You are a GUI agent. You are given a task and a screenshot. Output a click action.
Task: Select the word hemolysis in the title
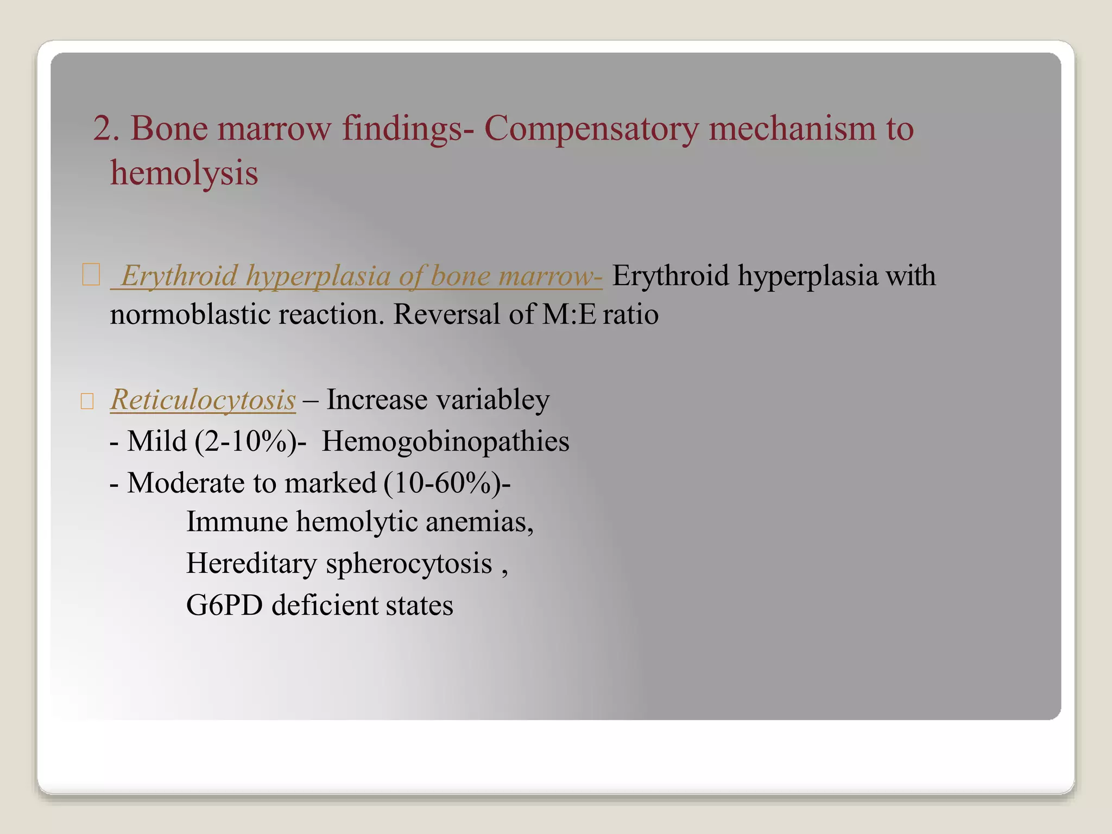click(x=184, y=173)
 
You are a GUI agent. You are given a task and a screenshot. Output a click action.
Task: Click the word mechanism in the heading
click(x=792, y=129)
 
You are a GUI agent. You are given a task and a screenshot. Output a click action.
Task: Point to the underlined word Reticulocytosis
click(x=203, y=400)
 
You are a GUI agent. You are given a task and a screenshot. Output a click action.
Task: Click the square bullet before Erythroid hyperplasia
click(x=91, y=275)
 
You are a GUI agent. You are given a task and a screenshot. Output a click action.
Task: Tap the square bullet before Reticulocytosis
click(x=87, y=402)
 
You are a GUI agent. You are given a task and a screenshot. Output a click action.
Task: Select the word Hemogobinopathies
click(x=445, y=441)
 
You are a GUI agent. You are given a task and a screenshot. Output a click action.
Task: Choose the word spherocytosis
click(x=409, y=563)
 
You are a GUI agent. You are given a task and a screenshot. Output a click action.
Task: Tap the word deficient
click(x=324, y=605)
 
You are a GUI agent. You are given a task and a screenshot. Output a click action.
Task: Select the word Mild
click(x=157, y=441)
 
